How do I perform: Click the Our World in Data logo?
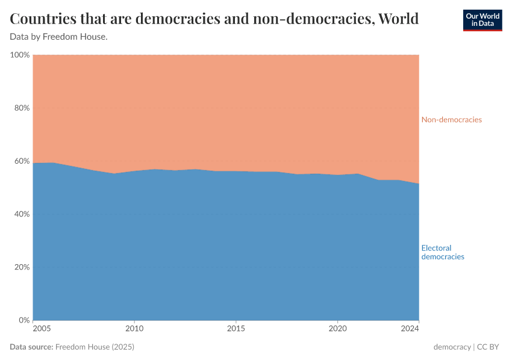[482, 20]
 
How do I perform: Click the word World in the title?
[396, 19]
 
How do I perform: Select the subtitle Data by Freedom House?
[58, 37]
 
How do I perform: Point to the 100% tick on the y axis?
[20, 55]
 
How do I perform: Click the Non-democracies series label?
[451, 120]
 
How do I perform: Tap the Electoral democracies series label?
[443, 252]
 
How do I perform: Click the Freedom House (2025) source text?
[95, 347]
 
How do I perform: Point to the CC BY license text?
[490, 347]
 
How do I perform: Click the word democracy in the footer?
[452, 347]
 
